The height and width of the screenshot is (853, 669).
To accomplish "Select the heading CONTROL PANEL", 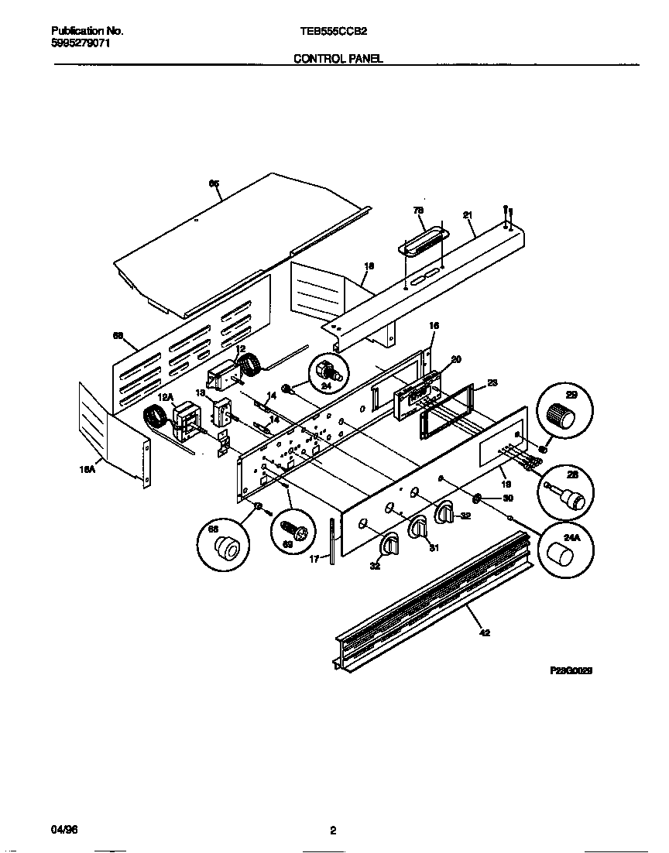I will coord(338,59).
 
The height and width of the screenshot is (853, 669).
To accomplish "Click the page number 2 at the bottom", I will coord(333,831).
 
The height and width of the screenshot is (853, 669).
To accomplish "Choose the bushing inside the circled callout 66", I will coord(225,550).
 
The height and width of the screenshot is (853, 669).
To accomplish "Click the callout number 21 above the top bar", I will coord(468,216).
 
